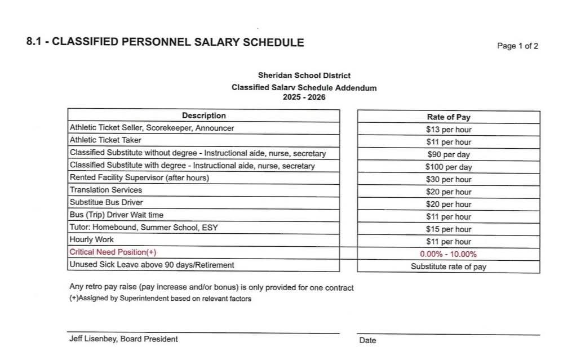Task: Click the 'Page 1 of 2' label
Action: tap(517, 46)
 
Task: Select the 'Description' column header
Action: tap(203, 115)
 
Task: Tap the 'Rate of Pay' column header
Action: tap(448, 117)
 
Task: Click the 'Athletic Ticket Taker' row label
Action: tap(105, 140)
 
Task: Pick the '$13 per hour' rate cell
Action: tap(448, 130)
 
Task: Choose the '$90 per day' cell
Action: tap(448, 154)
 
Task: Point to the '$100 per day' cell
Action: tap(448, 167)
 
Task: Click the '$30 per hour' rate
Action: tap(448, 179)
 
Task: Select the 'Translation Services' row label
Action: tap(106, 190)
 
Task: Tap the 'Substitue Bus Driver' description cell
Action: tap(107, 202)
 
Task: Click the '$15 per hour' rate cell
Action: tap(448, 229)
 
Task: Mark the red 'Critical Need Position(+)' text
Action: tap(113, 252)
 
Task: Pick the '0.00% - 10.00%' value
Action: tap(448, 254)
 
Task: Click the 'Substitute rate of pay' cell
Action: tap(448, 266)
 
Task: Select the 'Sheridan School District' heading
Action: tap(304, 75)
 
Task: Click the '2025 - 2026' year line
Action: tap(304, 97)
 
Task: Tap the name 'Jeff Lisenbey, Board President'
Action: tap(123, 339)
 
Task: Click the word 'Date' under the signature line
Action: tap(367, 340)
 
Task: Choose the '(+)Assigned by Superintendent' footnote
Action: tap(160, 299)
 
